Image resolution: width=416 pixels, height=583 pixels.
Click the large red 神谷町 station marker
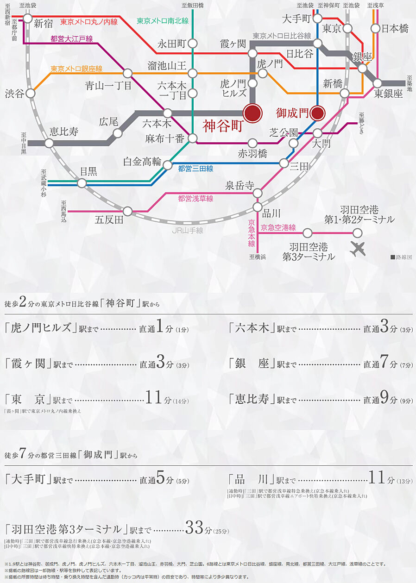pos(253,113)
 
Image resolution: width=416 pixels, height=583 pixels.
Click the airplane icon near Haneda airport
pos(358,249)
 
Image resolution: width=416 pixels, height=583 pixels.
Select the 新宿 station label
pos(44,23)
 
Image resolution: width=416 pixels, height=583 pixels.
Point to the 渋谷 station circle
pos(31,93)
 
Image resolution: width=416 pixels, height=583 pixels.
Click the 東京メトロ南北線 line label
pos(163,21)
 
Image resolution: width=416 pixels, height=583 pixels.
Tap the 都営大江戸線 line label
pos(72,39)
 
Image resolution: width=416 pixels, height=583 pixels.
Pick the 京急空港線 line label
pos(278,227)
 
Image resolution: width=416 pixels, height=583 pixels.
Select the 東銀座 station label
pos(389,94)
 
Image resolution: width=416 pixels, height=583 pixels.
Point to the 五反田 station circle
pos(128,211)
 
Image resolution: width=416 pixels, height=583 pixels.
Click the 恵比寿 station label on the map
pos(64,132)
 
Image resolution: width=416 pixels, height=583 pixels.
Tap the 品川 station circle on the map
pos(258,207)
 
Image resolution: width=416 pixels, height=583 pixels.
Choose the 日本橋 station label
pos(395,28)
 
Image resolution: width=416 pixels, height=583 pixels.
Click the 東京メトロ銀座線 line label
pos(76,69)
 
